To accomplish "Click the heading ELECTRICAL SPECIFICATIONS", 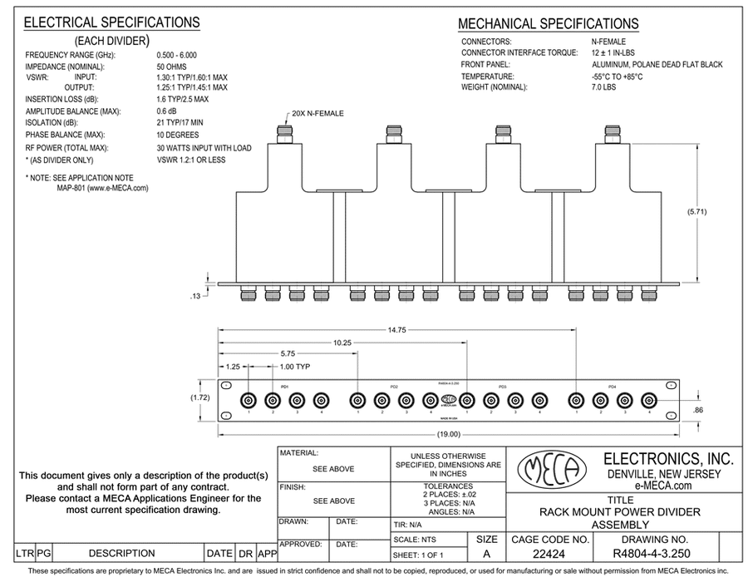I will (x=111, y=23).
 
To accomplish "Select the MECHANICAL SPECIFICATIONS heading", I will (x=549, y=24).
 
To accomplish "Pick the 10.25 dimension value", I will (x=342, y=342).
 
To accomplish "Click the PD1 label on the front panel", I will (x=284, y=386).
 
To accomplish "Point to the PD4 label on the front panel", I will (x=612, y=386).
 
